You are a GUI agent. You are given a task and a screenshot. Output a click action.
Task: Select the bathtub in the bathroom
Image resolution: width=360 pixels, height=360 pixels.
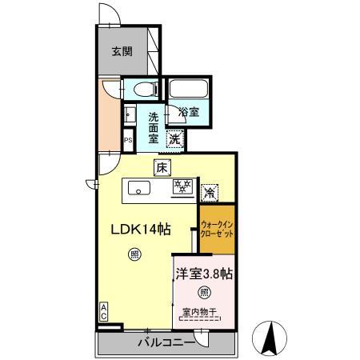click(188, 89)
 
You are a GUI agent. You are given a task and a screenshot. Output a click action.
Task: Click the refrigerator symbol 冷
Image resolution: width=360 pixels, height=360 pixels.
click(210, 191)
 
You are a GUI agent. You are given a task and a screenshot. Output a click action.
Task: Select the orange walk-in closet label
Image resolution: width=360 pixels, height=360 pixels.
click(218, 230)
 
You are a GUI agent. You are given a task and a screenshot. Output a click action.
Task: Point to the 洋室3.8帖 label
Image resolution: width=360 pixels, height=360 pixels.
click(204, 273)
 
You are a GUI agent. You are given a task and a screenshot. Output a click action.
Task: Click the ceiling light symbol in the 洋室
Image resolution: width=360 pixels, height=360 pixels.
click(204, 292)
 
